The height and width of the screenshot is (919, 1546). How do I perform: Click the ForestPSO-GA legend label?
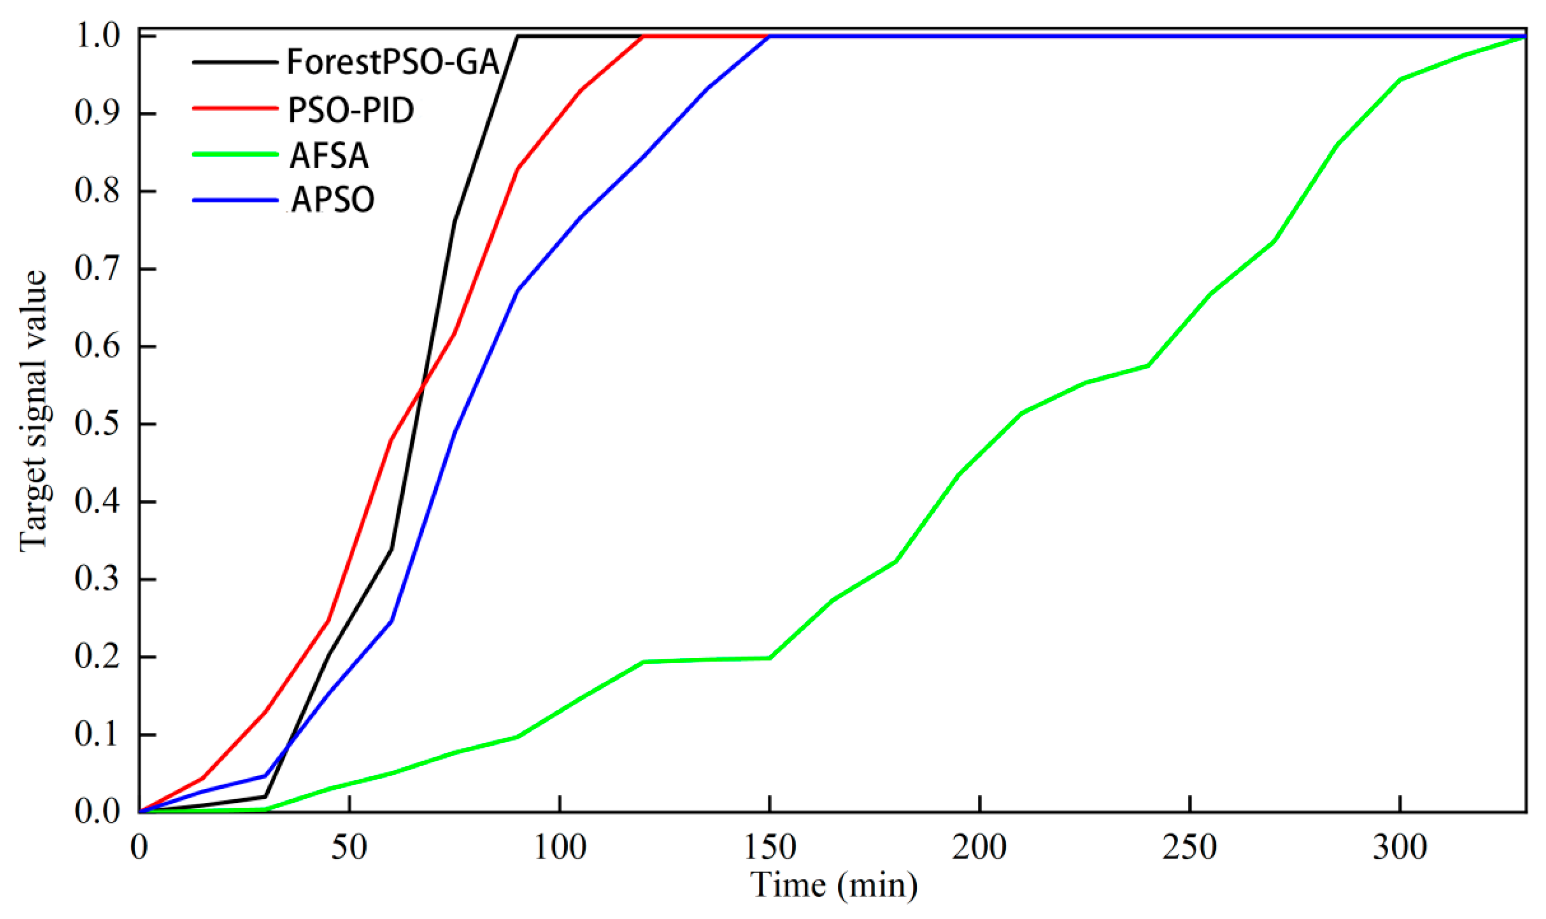(392, 62)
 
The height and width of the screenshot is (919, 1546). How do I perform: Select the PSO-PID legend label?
(350, 110)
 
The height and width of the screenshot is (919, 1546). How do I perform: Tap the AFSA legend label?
(329, 156)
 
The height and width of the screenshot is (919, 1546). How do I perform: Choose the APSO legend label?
(333, 199)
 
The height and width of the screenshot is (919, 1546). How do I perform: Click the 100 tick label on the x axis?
(559, 847)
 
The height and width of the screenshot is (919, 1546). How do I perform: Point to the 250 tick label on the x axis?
(1189, 847)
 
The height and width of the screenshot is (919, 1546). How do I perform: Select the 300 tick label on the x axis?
(1400, 847)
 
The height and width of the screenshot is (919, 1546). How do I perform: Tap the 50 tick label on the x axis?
(349, 847)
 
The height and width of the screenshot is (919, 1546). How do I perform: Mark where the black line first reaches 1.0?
(518, 37)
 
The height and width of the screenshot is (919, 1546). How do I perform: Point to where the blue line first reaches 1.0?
(770, 37)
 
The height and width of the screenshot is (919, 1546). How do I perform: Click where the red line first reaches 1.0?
(644, 37)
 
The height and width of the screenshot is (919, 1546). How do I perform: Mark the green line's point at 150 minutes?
(770, 658)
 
